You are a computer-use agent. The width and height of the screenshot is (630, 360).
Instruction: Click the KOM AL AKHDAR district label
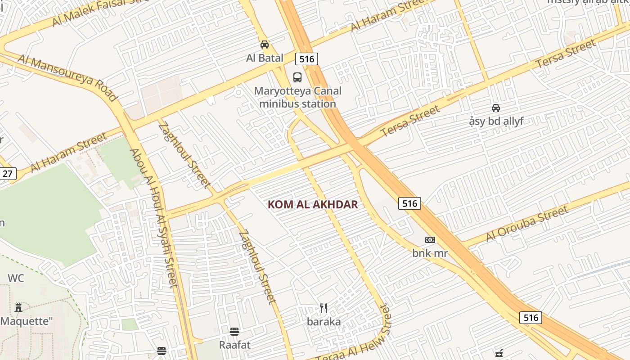tap(313, 205)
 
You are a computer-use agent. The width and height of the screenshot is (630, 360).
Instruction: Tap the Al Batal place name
tap(265, 58)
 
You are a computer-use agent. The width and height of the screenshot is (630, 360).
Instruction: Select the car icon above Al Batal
tap(265, 45)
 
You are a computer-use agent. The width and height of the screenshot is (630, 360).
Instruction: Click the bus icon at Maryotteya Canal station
tap(297, 77)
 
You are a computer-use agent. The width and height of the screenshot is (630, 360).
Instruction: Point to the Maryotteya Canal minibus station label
tap(297, 97)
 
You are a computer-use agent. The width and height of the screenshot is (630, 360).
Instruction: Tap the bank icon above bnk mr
tap(430, 240)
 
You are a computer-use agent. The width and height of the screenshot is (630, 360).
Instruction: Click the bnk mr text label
tap(430, 253)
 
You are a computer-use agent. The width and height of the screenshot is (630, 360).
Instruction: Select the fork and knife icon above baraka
tap(324, 308)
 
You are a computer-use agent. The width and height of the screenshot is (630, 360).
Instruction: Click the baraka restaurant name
tap(324, 322)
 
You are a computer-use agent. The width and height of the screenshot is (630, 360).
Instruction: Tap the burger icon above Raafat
tap(234, 332)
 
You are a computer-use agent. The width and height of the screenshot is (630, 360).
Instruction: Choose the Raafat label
tap(234, 345)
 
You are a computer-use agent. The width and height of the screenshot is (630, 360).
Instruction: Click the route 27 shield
tap(8, 174)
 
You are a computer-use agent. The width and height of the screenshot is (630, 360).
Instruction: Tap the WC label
tap(16, 278)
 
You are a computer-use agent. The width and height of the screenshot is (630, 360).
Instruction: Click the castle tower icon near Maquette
tap(18, 308)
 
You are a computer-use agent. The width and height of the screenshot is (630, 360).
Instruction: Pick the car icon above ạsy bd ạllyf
tap(496, 108)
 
